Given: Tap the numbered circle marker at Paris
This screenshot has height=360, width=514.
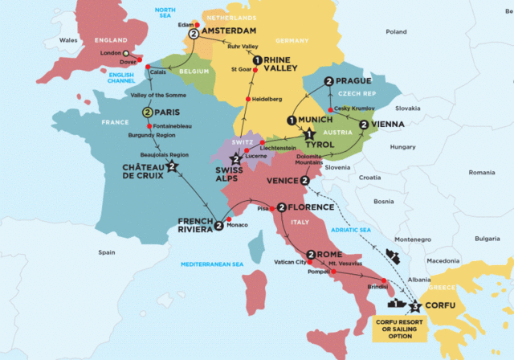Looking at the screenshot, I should click(148, 112).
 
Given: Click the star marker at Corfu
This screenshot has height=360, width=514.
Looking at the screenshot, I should click(415, 305).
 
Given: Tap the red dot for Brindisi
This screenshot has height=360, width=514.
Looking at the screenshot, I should click(384, 281).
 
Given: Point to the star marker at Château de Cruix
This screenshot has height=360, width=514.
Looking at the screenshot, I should click(172, 168).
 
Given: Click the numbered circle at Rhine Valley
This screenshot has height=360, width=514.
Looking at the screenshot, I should click(256, 60).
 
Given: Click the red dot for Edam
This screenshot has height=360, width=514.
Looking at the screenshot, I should click(196, 24).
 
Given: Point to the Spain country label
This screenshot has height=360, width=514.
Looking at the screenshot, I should click(107, 252).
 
